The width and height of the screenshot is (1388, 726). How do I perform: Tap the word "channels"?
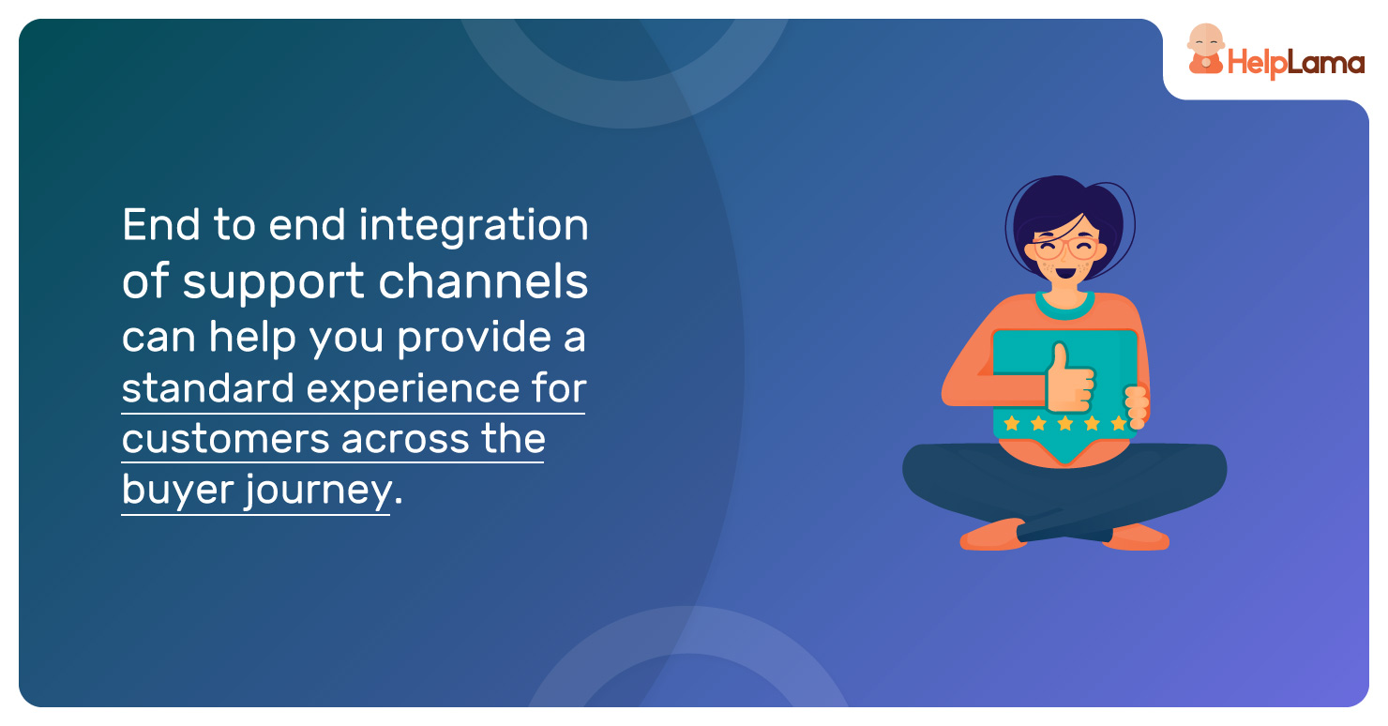483,281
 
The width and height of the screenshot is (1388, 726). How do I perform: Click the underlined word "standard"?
207,388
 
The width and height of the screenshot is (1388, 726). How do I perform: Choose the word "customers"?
225,440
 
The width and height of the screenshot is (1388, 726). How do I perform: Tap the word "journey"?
319,491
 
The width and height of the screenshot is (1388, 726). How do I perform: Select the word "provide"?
474,339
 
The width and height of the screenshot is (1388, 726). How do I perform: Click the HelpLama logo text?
1296,63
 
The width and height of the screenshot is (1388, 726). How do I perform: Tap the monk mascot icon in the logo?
1205,50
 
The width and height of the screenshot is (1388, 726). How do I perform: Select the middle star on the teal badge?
1065,423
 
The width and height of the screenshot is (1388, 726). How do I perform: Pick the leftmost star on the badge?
1012,423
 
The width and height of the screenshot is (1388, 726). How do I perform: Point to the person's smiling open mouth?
1065,273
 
